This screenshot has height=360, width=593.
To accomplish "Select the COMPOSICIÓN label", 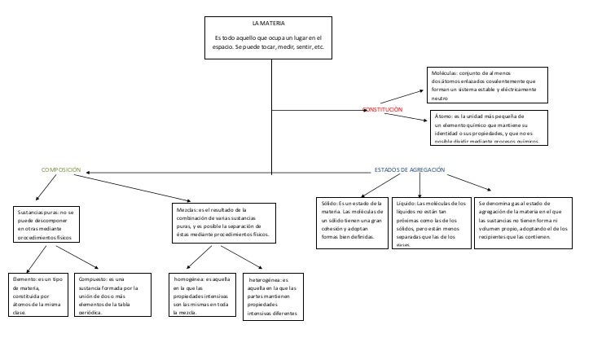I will [x=62, y=170].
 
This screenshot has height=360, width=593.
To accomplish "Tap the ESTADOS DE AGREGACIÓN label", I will [x=410, y=170].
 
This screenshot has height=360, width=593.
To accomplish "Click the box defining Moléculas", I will [x=484, y=85].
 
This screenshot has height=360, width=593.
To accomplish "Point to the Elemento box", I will [x=33, y=295].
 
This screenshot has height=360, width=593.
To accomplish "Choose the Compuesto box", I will [x=111, y=295].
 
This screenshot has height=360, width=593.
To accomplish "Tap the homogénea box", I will [x=201, y=295].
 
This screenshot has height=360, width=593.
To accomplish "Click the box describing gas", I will [x=521, y=220].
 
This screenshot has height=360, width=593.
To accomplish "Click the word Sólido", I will [x=329, y=204].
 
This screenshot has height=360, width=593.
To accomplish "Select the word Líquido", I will [x=406, y=204].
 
